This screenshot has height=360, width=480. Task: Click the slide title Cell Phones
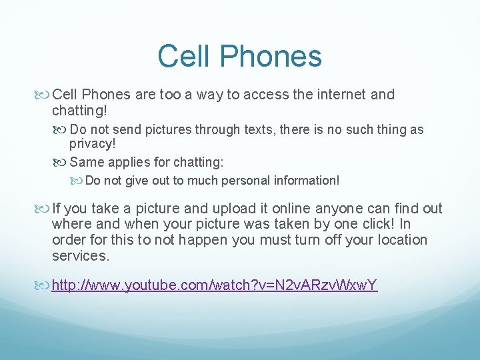(x=239, y=56)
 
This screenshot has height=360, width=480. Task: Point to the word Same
(x=85, y=161)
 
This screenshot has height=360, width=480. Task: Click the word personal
(x=231, y=181)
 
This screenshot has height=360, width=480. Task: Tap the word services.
(x=80, y=255)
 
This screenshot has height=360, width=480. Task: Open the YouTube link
(x=215, y=285)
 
